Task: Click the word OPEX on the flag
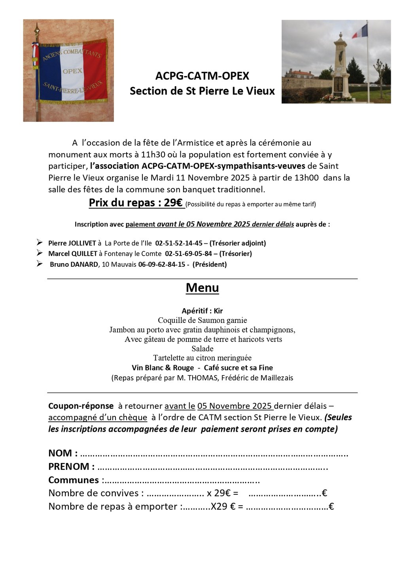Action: click(x=72, y=71)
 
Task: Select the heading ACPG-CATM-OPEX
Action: click(x=202, y=76)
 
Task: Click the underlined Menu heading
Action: click(x=202, y=288)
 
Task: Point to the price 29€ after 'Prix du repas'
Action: click(x=173, y=203)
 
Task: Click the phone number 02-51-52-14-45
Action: click(x=179, y=243)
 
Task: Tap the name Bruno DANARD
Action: click(x=74, y=264)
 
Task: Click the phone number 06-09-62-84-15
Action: click(x=161, y=264)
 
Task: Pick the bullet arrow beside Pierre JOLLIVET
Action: click(x=40, y=242)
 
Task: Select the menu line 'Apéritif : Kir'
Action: click(x=202, y=311)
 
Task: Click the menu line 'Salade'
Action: click(x=202, y=349)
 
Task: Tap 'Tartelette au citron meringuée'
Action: click(x=202, y=358)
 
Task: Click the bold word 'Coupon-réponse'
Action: click(x=81, y=406)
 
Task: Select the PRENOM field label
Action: click(x=69, y=467)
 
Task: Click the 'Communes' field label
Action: click(x=74, y=480)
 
